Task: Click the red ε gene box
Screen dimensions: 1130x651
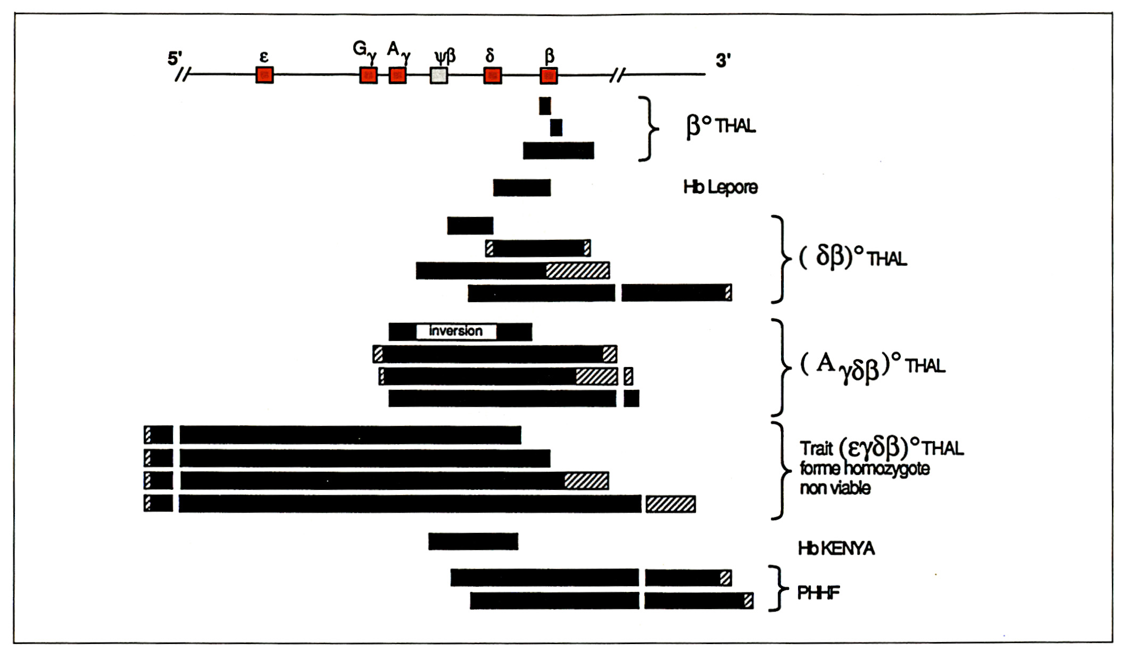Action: coord(264,75)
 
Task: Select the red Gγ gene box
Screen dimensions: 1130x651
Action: coord(368,75)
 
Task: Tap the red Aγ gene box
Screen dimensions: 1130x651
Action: coord(397,75)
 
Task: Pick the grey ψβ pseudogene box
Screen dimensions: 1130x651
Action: coord(439,75)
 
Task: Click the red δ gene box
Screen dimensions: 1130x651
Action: coord(493,75)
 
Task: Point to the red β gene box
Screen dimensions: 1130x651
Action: coord(549,75)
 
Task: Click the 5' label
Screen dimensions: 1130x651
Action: coord(175,58)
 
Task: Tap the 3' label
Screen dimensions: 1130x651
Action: coord(723,61)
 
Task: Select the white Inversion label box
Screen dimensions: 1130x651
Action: coord(456,331)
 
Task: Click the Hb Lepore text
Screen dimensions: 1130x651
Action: coord(720,187)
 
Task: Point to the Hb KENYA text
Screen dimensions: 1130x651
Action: coord(836,548)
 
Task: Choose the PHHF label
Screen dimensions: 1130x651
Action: coord(818,592)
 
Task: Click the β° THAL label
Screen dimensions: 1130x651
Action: coord(721,127)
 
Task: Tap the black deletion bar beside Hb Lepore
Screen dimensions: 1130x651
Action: coord(522,188)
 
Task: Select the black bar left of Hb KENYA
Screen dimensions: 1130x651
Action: coord(473,541)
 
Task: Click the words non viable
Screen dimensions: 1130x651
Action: coord(835,488)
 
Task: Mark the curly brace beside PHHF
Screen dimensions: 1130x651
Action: coord(779,588)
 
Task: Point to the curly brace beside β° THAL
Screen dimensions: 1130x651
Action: coord(649,128)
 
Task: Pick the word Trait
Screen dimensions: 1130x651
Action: coord(816,448)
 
